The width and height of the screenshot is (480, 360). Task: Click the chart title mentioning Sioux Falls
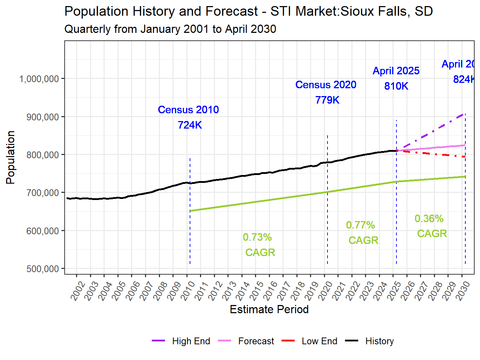point(248,11)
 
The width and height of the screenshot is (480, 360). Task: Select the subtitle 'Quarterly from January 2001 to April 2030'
point(170,29)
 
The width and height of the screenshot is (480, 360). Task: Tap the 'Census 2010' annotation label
point(188,110)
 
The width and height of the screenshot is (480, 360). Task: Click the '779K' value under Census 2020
point(327,100)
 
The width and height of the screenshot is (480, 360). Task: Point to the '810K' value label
point(396,86)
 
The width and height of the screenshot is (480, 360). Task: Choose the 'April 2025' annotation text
point(396,71)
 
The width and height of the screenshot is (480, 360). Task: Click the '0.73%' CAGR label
point(257,237)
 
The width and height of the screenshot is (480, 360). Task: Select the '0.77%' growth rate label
point(360,225)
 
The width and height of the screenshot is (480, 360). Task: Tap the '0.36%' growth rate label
point(429,219)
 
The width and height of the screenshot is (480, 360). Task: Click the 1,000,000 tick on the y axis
point(39,79)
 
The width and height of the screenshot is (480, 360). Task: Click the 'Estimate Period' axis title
point(269,309)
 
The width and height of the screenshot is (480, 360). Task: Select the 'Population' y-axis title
point(10,157)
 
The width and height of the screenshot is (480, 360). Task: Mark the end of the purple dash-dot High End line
point(465,114)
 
